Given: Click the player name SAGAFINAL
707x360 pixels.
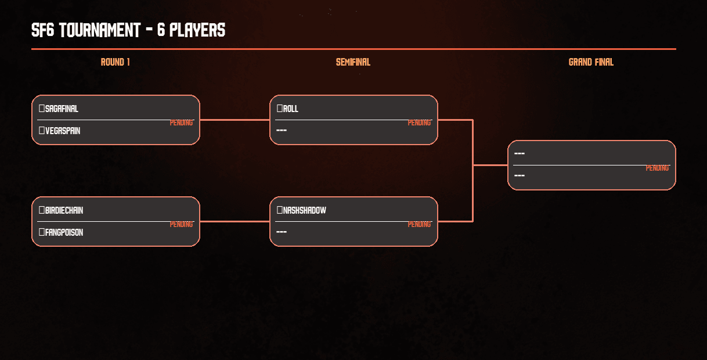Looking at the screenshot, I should pos(62,109).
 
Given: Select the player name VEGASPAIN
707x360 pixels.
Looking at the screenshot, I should pos(63,131).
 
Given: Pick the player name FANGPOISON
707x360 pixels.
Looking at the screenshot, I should pos(64,233).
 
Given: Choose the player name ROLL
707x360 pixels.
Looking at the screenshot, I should pos(291,109).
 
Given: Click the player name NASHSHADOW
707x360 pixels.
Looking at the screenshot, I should pos(305,211).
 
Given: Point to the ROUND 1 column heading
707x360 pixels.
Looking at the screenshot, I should pos(116,63).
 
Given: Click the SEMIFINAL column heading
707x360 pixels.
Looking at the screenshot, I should pos(353,63).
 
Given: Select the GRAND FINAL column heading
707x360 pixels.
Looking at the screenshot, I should pos(591,63).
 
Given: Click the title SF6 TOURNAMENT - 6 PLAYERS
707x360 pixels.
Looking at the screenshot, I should pos(128,30).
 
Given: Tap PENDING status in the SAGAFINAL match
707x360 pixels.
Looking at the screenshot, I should pos(181,123).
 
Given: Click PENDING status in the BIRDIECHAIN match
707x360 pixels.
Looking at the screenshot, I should pos(181,225).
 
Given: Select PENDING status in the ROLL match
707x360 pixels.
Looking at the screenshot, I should pos(419,123).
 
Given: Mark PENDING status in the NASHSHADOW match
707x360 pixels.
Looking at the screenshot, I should pos(419,225).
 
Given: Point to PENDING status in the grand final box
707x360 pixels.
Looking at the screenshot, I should pos(657,168).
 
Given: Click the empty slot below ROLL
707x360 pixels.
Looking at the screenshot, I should pos(282,130).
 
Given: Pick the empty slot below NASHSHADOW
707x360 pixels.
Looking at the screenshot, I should pos(282,232).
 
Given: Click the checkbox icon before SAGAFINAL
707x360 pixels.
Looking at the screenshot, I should pos(42,109).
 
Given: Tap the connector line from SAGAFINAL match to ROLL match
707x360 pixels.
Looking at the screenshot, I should pos(235,120).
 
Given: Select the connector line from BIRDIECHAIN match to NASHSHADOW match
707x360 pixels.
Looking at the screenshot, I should pos(235,222).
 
